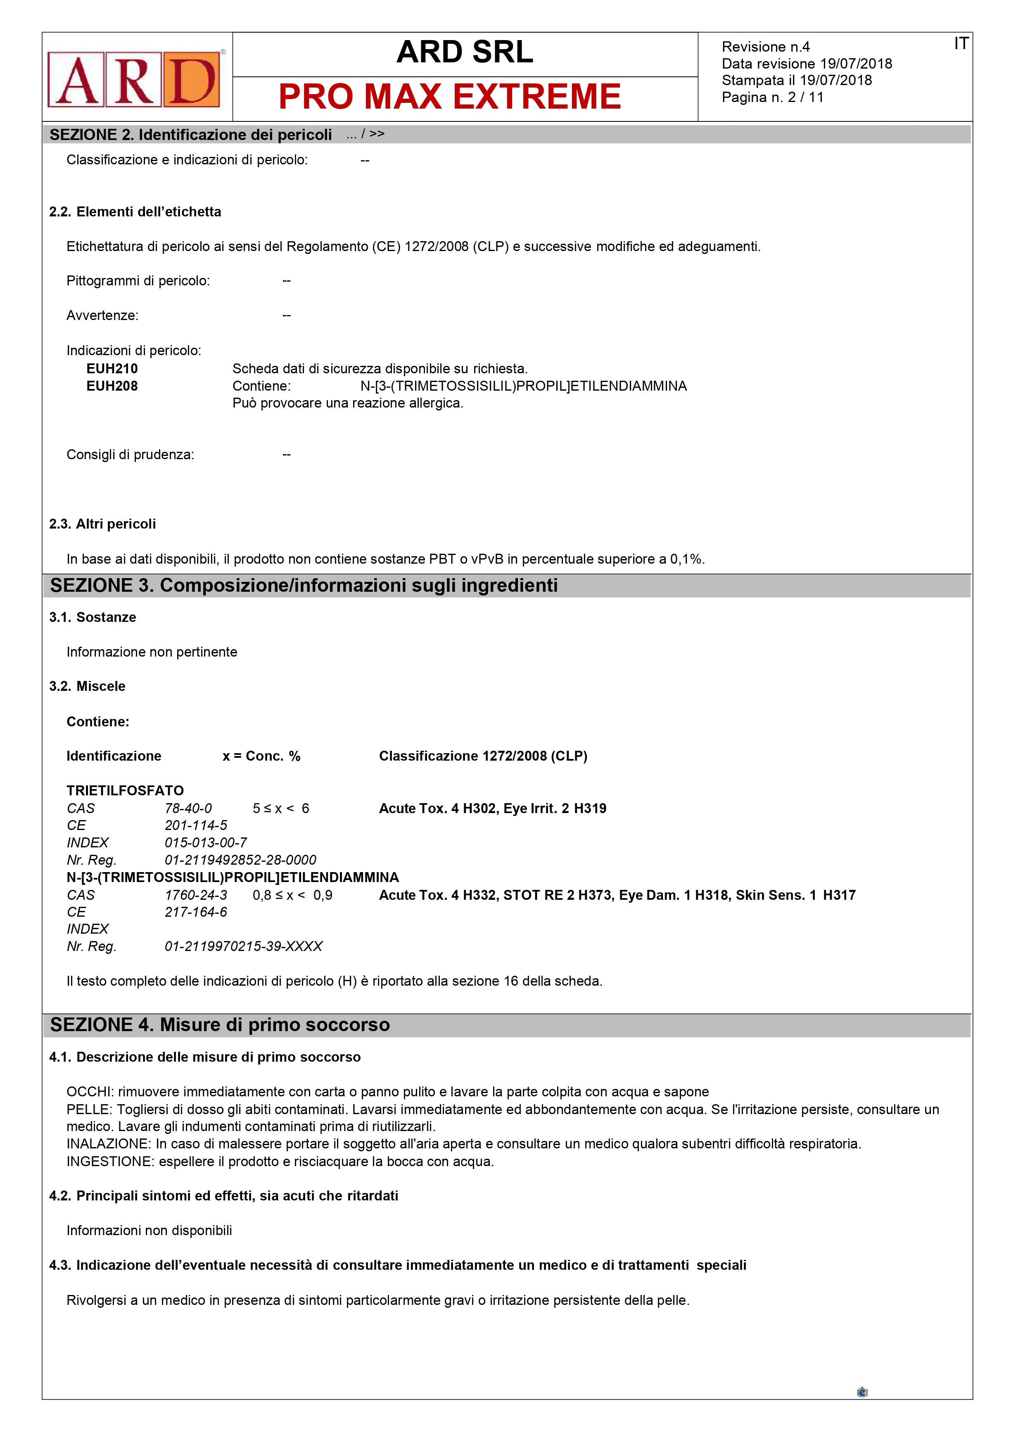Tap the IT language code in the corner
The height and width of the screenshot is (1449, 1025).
point(961,43)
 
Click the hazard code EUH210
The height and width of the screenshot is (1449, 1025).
point(112,369)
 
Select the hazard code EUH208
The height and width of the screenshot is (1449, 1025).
point(112,386)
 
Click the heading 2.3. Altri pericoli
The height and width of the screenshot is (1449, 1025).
point(102,524)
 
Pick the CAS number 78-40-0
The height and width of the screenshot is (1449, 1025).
point(188,809)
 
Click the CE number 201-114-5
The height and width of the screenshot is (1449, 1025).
point(196,825)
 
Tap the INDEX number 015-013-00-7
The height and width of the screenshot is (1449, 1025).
point(206,842)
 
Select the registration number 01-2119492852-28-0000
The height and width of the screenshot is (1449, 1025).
point(240,860)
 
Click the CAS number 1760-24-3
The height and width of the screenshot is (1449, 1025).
point(196,895)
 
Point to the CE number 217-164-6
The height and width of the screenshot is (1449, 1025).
point(196,912)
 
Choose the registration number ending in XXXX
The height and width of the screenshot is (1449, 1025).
point(244,946)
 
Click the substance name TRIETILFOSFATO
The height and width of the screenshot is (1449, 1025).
point(125,791)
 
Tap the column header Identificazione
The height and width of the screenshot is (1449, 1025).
point(114,756)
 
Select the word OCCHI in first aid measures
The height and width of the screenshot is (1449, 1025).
point(90,1092)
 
